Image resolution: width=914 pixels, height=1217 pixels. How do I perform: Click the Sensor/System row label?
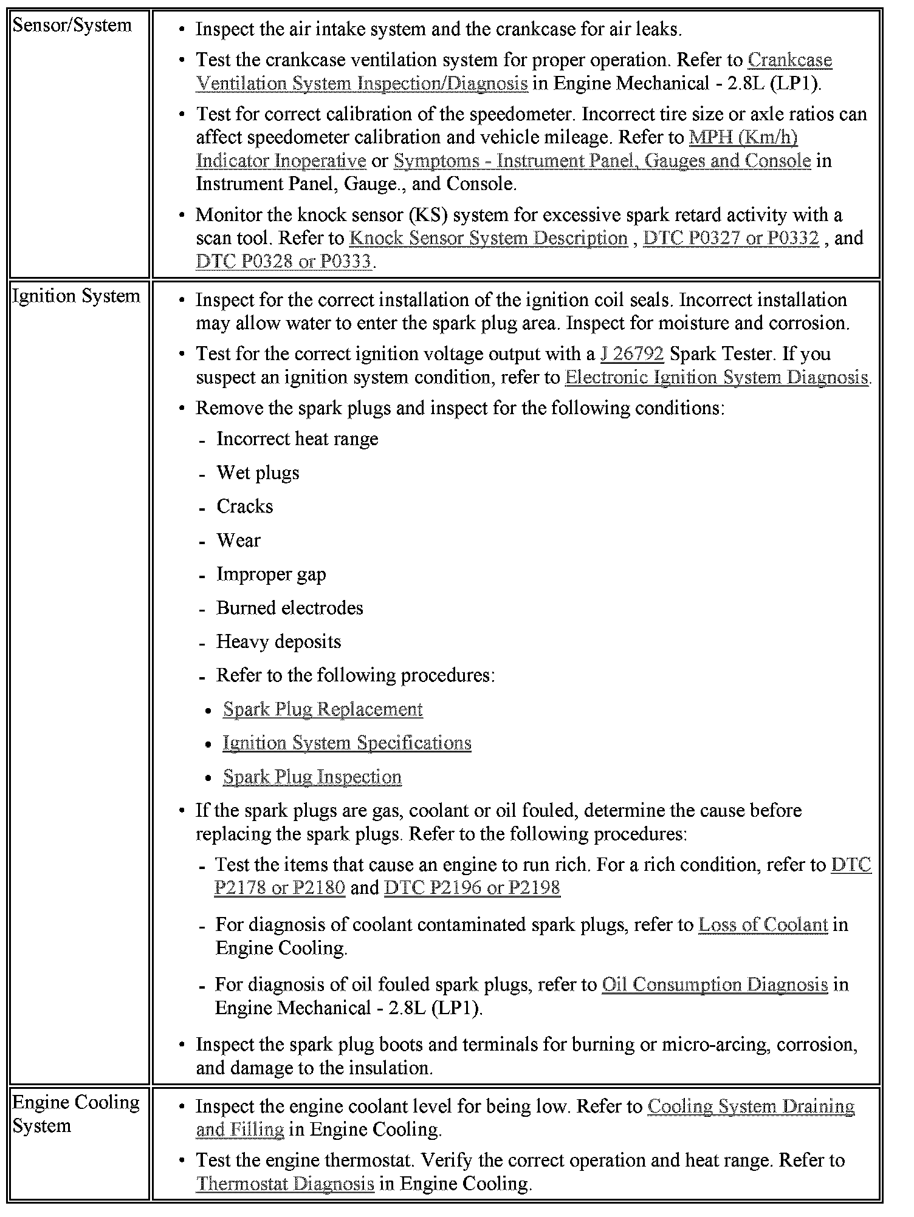pyautogui.click(x=72, y=26)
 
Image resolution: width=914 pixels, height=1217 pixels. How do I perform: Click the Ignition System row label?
pyautogui.click(x=76, y=296)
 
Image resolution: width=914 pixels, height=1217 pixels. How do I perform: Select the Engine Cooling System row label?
pyautogui.click(x=75, y=1114)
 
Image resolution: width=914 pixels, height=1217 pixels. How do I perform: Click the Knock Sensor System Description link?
pyautogui.click(x=489, y=238)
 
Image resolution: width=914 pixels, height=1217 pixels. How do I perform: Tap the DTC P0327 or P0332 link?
pyautogui.click(x=731, y=238)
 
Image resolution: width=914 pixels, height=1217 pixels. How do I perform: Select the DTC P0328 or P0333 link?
pyautogui.click(x=284, y=261)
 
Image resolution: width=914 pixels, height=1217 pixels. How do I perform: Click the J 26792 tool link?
pyautogui.click(x=631, y=353)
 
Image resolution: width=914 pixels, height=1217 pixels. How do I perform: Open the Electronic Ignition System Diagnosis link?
pyautogui.click(x=716, y=377)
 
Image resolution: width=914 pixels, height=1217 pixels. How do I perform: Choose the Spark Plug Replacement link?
pyautogui.click(x=323, y=709)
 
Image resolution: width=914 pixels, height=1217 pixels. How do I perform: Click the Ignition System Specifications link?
pyautogui.click(x=347, y=743)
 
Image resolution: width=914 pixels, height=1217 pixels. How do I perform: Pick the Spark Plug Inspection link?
pyautogui.click(x=312, y=777)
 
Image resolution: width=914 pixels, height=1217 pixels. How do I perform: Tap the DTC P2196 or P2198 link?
pyautogui.click(x=472, y=888)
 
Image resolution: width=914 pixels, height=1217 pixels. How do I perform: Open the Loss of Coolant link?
pyautogui.click(x=763, y=925)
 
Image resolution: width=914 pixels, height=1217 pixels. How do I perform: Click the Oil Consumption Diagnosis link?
pyautogui.click(x=715, y=984)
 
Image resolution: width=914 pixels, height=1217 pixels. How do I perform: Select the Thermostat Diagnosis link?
pyautogui.click(x=285, y=1184)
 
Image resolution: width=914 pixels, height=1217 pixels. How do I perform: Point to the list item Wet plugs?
pyautogui.click(x=258, y=473)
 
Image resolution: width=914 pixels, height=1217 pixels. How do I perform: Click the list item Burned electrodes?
pyautogui.click(x=289, y=608)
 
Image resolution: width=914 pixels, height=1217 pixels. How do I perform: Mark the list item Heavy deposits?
pyautogui.click(x=278, y=642)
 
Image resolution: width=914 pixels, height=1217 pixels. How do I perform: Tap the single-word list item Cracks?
pyautogui.click(x=244, y=506)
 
